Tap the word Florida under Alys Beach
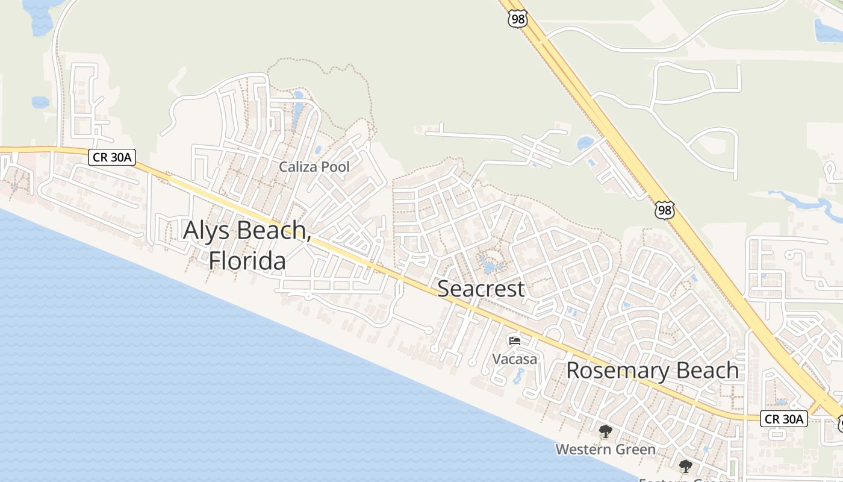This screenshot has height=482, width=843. (247, 261)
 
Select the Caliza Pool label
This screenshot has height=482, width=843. (314, 167)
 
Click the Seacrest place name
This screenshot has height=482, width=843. (481, 289)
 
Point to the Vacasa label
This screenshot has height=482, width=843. (514, 359)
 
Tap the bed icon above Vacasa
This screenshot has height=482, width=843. (514, 341)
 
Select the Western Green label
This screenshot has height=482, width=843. (605, 449)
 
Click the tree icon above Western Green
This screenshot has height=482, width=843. (605, 431)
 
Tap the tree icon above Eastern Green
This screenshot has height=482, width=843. (685, 466)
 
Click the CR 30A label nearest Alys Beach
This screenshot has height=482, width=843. (112, 158)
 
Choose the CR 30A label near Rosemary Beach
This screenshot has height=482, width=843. (783, 419)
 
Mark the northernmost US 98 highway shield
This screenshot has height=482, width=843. (517, 19)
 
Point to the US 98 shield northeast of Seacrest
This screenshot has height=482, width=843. (665, 210)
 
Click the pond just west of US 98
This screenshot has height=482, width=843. (585, 143)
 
